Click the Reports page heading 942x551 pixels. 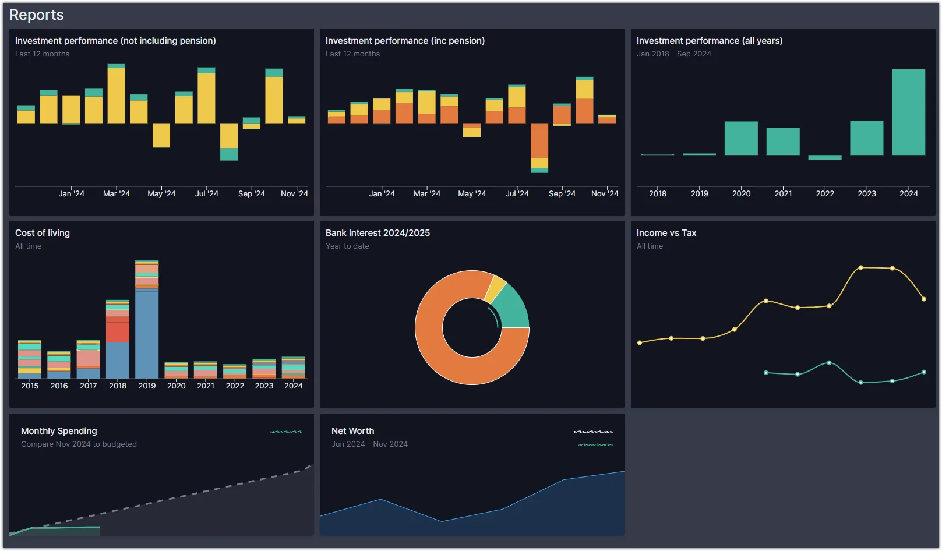pos(37,15)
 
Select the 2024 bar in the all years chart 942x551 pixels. pos(908,112)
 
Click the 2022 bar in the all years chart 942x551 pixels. pos(824,157)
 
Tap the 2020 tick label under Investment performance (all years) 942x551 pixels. pos(741,193)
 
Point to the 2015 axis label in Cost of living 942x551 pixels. pos(30,386)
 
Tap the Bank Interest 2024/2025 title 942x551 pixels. pos(377,233)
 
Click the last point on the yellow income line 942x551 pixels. pos(924,299)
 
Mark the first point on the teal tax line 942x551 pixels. pos(766,373)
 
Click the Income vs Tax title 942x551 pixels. pos(666,233)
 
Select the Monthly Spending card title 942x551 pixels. pos(59,431)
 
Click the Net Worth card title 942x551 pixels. pos(352,431)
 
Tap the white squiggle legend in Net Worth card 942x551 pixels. pos(593,432)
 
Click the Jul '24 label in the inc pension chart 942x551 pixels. pos(517,193)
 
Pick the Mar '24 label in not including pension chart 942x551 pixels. pos(117,193)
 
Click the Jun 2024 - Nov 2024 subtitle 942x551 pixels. pos(369,444)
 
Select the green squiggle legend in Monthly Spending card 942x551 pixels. pos(286,432)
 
